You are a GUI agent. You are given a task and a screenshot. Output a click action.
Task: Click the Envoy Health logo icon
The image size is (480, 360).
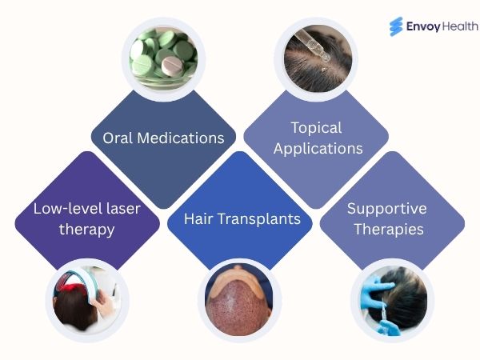396,26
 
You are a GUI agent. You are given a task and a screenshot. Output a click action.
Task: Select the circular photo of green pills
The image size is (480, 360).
163,53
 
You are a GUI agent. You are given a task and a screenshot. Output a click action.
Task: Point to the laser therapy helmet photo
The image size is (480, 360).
86,300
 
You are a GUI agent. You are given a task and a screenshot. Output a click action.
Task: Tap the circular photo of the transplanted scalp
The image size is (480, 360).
239,301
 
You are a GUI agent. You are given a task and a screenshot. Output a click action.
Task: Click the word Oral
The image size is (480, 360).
118,138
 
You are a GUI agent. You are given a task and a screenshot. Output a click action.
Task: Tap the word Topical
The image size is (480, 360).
315,128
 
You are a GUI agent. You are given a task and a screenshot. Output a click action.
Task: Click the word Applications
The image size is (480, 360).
315,148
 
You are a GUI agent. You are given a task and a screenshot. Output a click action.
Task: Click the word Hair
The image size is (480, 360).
198,218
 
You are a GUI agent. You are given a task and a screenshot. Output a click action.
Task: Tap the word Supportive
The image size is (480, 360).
387,209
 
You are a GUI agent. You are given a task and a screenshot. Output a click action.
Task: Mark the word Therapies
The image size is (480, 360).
387,229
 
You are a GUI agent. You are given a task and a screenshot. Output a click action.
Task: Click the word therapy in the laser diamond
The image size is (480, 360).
86,230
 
